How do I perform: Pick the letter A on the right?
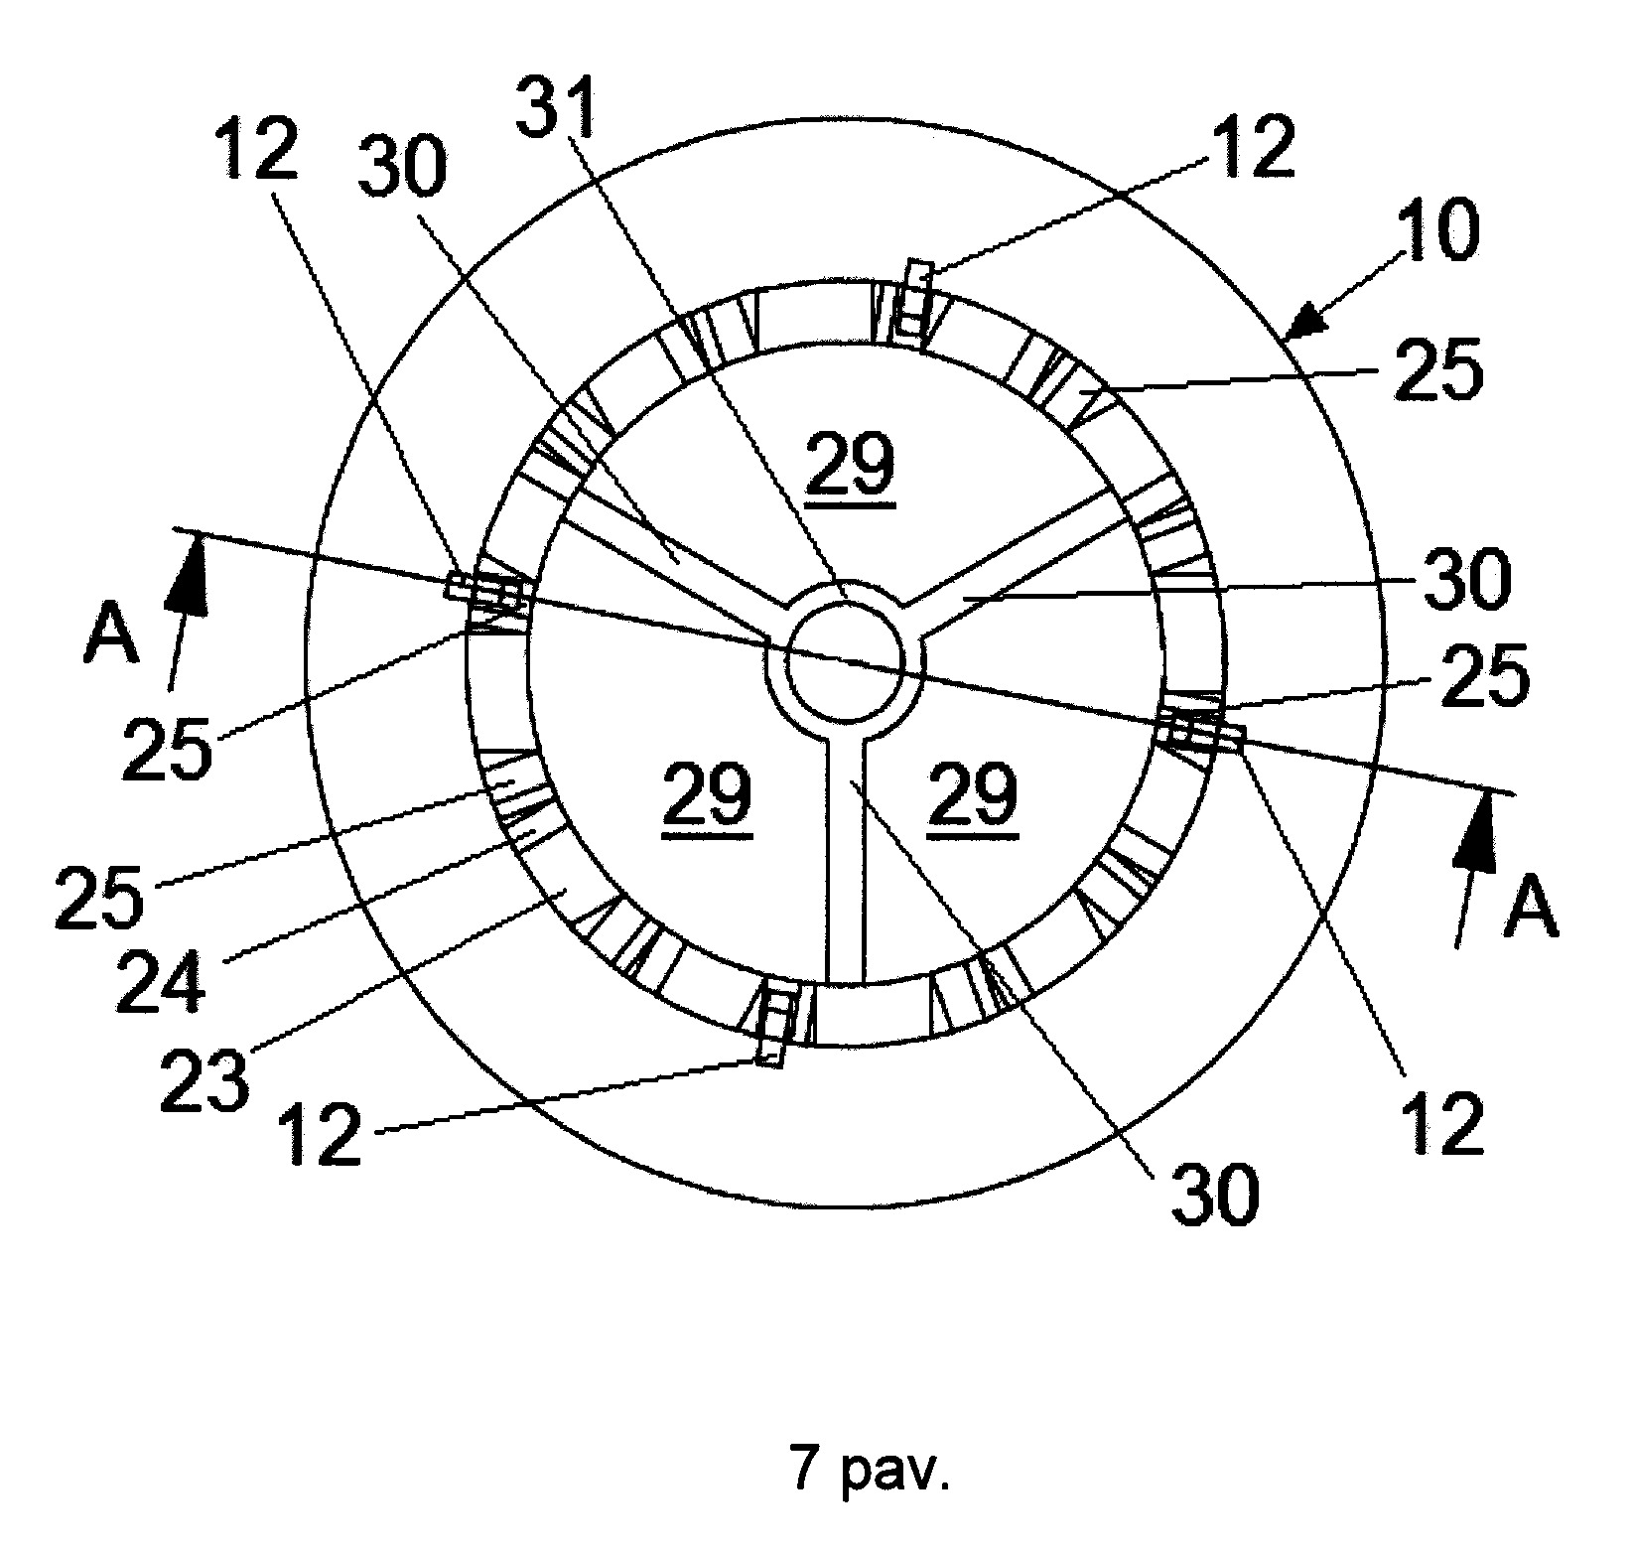click(x=1530, y=910)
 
